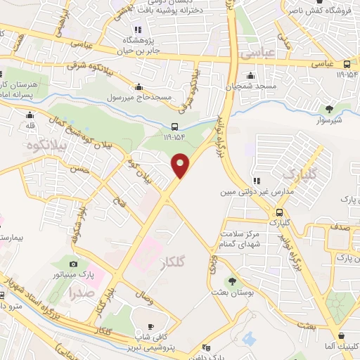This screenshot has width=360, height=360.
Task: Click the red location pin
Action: tap(181, 165)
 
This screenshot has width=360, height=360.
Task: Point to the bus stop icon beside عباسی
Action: tap(347, 64)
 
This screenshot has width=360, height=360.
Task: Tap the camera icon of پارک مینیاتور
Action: tap(73, 263)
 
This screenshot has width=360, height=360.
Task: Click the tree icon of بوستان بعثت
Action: tap(232, 281)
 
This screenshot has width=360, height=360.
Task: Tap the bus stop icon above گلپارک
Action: tap(280, 212)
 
